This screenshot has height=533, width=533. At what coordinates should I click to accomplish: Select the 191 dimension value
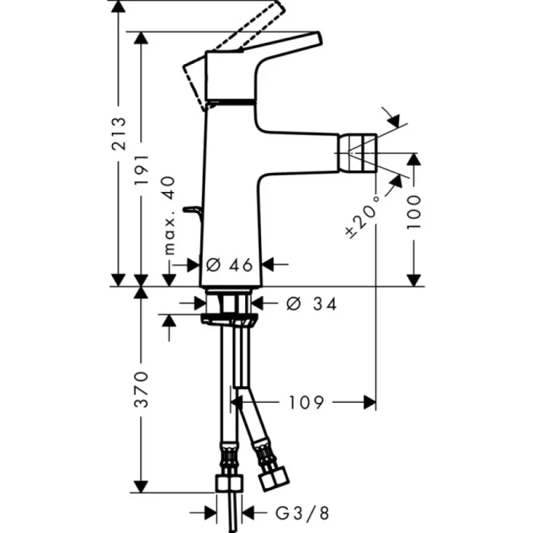[141, 164]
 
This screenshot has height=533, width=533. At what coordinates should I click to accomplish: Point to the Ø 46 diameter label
[230, 264]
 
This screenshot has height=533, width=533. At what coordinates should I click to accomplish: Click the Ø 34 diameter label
[311, 303]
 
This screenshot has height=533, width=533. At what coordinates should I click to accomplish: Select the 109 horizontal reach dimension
[307, 401]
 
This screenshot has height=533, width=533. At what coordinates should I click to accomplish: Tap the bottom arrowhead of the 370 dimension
[141, 485]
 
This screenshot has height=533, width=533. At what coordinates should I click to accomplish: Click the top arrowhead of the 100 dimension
[413, 158]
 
